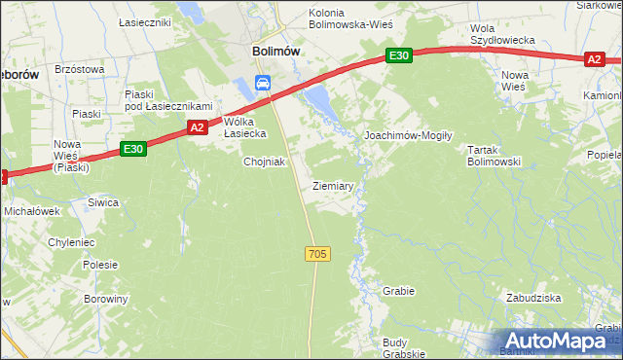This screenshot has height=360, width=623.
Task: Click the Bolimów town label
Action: coord(275,52)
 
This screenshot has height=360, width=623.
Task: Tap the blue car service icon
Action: coord(263,84)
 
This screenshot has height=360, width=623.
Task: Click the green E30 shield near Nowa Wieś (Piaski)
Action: coord(134,149)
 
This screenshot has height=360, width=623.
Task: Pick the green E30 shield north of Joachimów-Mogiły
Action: coord(397,56)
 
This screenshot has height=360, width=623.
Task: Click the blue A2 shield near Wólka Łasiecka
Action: coord(198,127)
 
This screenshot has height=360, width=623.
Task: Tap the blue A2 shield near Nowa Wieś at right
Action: coord(595,60)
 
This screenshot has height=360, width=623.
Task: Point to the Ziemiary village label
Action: coord(333,185)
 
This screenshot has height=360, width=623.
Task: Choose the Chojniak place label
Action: coord(264,162)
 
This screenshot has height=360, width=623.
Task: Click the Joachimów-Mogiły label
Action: coord(408,136)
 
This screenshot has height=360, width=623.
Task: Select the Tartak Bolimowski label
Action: coord(494,156)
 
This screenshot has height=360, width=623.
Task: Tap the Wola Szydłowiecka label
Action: coord(503,34)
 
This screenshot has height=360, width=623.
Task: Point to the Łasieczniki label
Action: coord(144,21)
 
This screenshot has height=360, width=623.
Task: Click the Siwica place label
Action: coord(103,202)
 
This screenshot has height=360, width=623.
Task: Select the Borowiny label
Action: coord(105,300)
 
